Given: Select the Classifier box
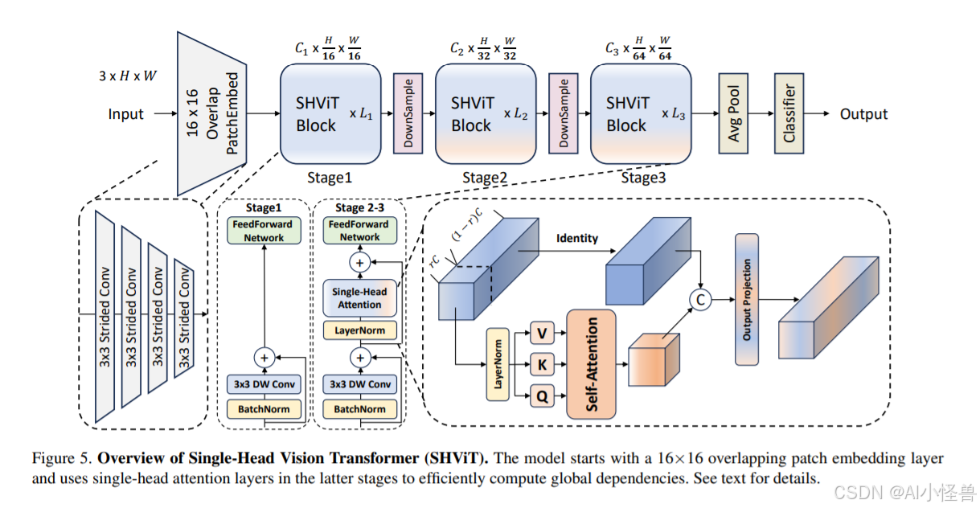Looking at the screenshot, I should click(789, 113).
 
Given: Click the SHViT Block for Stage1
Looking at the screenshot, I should click(330, 113).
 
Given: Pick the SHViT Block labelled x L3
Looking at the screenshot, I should click(640, 113).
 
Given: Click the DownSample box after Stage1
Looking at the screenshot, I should click(408, 113).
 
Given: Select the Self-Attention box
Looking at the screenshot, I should click(591, 364).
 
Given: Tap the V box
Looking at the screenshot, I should click(541, 332).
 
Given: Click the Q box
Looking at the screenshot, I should click(541, 395).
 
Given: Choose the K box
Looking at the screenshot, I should click(541, 364).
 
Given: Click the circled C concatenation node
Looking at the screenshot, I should click(701, 299).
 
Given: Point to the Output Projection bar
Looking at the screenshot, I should click(747, 299).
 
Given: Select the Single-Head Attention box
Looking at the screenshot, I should click(359, 298).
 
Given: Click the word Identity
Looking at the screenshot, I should click(576, 238).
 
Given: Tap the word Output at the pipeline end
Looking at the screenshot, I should click(863, 114).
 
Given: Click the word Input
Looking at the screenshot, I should click(126, 114).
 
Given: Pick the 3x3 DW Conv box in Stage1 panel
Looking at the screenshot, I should click(264, 384).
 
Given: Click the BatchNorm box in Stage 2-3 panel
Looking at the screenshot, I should click(359, 409).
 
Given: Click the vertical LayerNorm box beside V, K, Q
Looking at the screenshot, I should click(498, 364).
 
